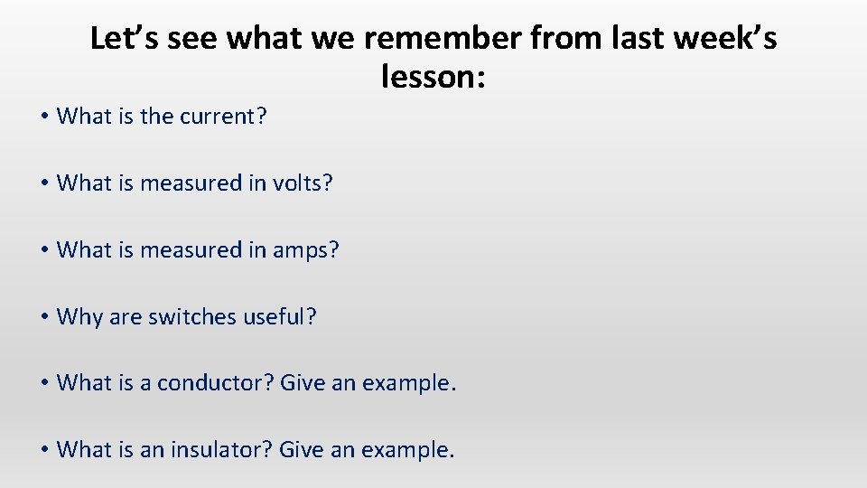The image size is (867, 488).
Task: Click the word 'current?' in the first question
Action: tap(223, 117)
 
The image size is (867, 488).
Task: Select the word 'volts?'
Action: tap(303, 183)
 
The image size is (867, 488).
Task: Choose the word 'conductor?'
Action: tap(216, 383)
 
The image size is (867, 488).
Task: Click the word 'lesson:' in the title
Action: tap(433, 78)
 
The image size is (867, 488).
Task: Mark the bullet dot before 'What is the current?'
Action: tap(43, 117)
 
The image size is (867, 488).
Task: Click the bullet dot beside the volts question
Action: tap(43, 183)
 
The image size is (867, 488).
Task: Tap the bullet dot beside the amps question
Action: tap(43, 250)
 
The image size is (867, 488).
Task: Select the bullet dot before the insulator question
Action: tap(43, 450)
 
